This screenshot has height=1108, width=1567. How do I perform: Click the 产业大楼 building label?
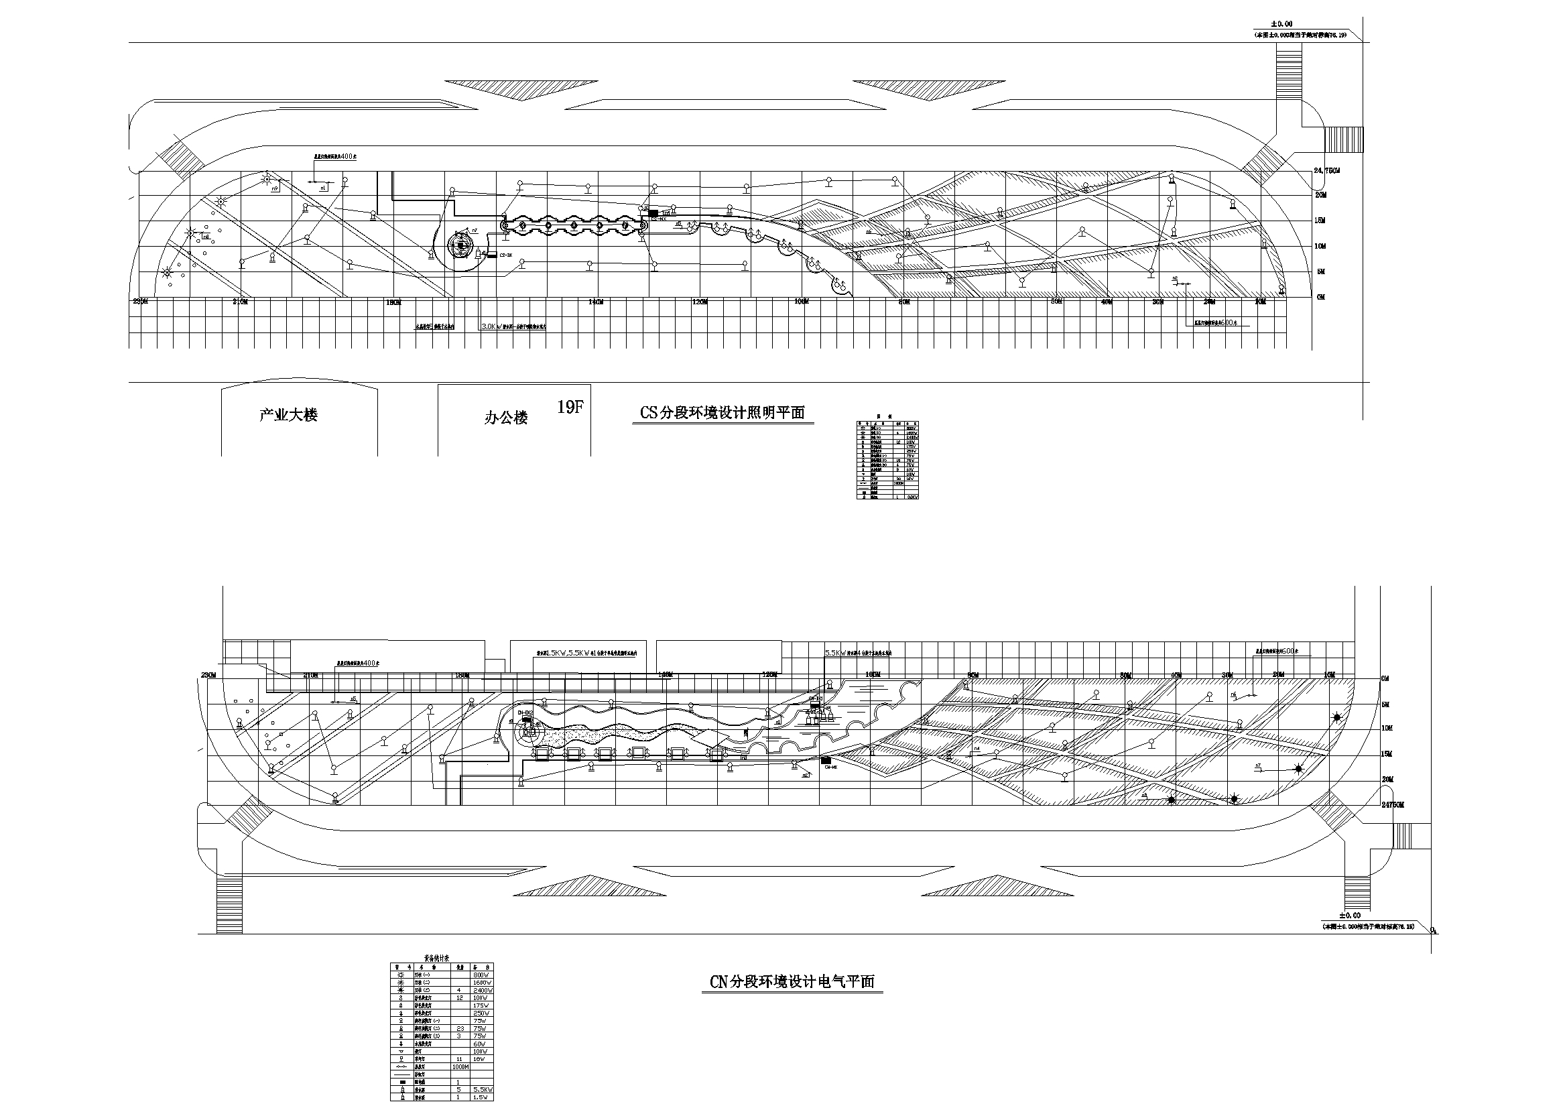(x=288, y=415)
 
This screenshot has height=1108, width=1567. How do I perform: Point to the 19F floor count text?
(x=570, y=408)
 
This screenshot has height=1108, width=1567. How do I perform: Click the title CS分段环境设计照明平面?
(x=722, y=413)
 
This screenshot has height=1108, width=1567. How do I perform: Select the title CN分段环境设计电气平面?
(x=792, y=983)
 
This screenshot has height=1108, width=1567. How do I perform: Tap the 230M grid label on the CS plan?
(x=140, y=301)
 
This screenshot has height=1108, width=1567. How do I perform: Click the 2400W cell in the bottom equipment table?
(x=482, y=990)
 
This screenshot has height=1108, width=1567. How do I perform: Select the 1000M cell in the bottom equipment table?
(x=460, y=1066)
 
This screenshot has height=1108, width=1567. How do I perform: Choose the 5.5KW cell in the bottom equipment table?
(x=482, y=1091)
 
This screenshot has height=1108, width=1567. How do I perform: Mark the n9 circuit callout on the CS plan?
(x=274, y=188)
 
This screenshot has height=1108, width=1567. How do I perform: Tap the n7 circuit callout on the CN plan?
(x=1258, y=766)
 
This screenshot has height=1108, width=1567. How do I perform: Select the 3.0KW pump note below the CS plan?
(x=513, y=327)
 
